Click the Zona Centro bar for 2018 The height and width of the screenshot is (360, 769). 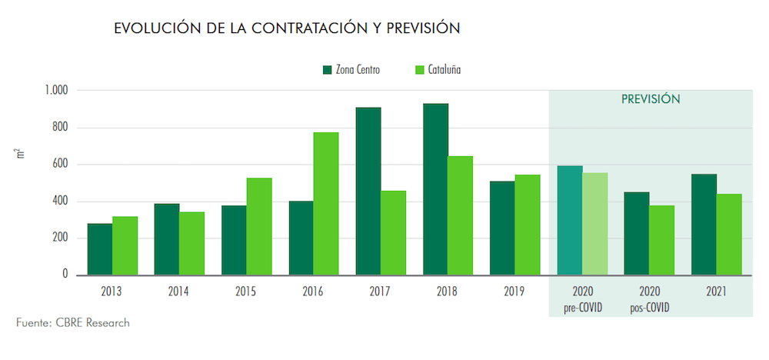[x=435, y=189]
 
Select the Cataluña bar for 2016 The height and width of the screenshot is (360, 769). [x=325, y=204]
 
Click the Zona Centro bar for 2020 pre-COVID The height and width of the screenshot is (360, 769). [x=570, y=220]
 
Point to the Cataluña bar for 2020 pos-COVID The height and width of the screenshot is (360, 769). [x=661, y=240]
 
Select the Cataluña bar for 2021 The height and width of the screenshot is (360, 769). [x=729, y=235]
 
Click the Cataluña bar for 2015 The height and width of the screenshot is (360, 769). [x=259, y=226]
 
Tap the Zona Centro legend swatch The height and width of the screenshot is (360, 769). [x=327, y=70]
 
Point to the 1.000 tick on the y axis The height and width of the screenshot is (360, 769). [x=55, y=91]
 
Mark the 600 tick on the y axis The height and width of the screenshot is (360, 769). [x=60, y=165]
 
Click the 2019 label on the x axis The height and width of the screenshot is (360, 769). [x=514, y=292]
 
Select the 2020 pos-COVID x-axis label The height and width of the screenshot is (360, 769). [x=649, y=299]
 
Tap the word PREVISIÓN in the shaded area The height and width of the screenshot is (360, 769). [x=651, y=100]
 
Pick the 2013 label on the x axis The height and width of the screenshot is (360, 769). [x=112, y=292]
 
